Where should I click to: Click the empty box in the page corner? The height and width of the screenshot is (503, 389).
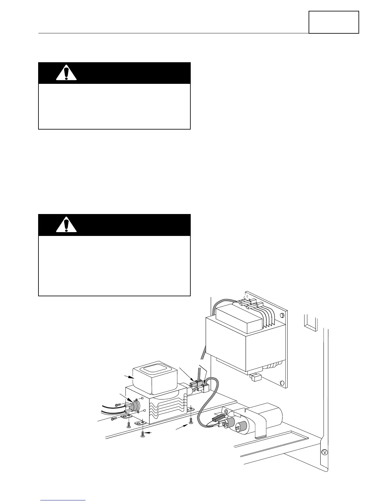click(334, 22)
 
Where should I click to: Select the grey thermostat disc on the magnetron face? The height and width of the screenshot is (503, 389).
click(136, 406)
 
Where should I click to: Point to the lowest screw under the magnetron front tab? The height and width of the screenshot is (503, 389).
click(142, 434)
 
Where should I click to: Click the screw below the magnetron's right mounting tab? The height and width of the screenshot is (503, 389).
click(190, 421)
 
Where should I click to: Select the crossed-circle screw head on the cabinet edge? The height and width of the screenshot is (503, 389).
click(324, 452)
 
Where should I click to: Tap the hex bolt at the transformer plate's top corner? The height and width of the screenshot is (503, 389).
click(282, 315)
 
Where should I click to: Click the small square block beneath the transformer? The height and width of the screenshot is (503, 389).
click(255, 377)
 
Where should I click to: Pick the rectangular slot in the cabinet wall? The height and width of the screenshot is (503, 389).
click(310, 323)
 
